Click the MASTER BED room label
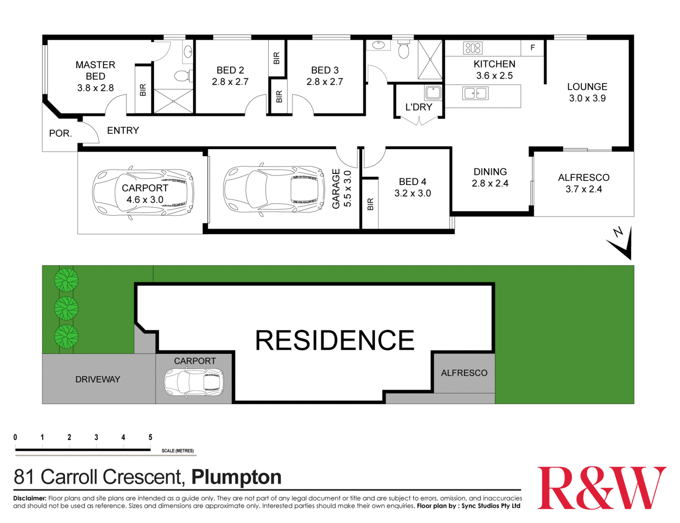coord(95,70)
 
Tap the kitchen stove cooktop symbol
coord(473,48)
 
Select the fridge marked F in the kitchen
coord(533,48)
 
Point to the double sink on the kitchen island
coord(475,93)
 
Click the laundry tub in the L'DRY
coord(433,92)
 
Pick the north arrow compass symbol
coord(621,243)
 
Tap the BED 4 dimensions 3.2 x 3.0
coord(413,193)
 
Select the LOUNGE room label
coord(587,86)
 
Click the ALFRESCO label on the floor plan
coord(584,178)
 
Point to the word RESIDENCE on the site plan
coord(335,340)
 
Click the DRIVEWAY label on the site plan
coord(98,379)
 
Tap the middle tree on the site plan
coord(66,308)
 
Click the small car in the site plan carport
coord(194,382)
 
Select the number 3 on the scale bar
coord(96,438)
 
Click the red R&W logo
coord(602,488)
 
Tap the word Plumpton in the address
coord(236,477)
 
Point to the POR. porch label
coord(60,134)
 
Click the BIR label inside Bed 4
coord(370,204)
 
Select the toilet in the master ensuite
coord(183,75)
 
